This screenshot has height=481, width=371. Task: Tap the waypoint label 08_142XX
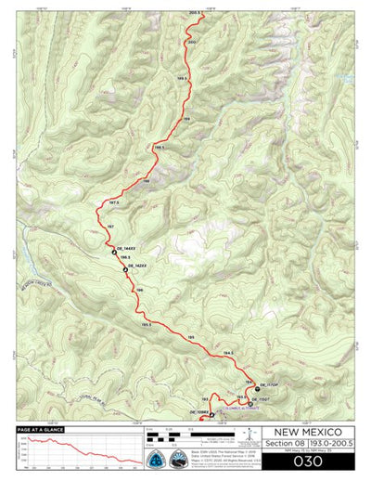[136, 266]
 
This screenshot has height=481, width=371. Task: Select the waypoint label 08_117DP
[268, 384]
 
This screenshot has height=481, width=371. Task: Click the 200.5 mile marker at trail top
[195, 13]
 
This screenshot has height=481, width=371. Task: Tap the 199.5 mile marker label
[182, 79]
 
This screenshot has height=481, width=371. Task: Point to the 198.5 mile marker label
[160, 148]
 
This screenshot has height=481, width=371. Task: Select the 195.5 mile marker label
[146, 324]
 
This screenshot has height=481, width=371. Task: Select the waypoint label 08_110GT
[259, 398]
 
